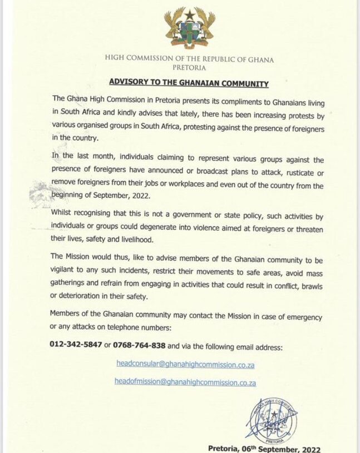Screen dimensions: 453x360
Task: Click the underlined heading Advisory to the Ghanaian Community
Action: pyautogui.click(x=189, y=83)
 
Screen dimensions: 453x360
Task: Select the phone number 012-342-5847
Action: pyautogui.click(x=76, y=345)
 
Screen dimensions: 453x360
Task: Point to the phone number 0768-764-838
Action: pyautogui.click(x=139, y=345)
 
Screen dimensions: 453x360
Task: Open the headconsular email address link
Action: pyautogui.click(x=189, y=365)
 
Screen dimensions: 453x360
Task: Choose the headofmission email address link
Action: pyautogui.click(x=189, y=383)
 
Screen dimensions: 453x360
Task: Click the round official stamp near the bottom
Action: pyautogui.click(x=271, y=416)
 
